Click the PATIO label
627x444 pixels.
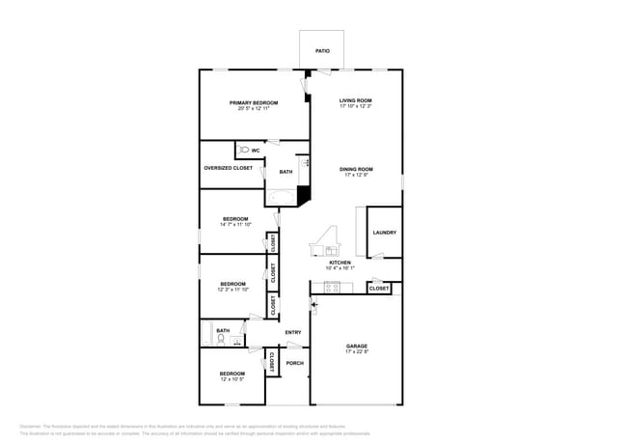(322, 50)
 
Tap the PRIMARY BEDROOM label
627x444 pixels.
(254, 102)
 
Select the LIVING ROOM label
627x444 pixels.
(356, 100)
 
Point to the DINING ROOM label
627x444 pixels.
(356, 169)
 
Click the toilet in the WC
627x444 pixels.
(243, 151)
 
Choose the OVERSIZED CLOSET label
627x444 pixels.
(229, 168)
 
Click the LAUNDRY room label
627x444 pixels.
(384, 233)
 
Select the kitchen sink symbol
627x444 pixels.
(318, 250)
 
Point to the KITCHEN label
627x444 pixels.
(340, 263)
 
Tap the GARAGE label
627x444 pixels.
(357, 346)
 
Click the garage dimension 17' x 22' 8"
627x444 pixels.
(357, 352)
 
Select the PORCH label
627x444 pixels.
(295, 363)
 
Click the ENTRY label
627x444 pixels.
(293, 333)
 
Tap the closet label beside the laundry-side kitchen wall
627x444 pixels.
(379, 288)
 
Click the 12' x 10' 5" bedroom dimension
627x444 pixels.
(232, 379)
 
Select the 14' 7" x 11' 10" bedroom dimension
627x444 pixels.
(235, 225)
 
